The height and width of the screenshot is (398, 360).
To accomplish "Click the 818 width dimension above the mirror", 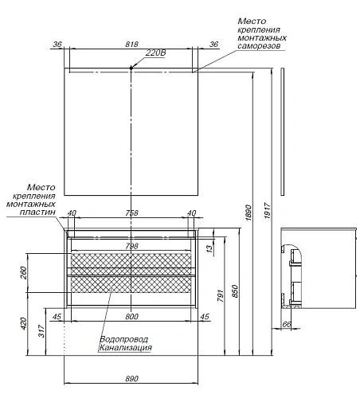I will [x=131, y=45].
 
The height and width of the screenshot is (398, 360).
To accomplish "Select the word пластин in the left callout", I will [x=39, y=213].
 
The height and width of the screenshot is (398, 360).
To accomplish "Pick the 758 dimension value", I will [x=132, y=213].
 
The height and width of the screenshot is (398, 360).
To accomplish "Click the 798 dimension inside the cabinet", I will [x=132, y=246].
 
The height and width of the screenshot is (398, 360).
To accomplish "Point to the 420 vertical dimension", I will [x=25, y=323].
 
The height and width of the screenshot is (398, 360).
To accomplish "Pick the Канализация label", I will [x=125, y=349].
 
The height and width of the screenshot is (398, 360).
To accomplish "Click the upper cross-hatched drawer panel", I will [x=132, y=261].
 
